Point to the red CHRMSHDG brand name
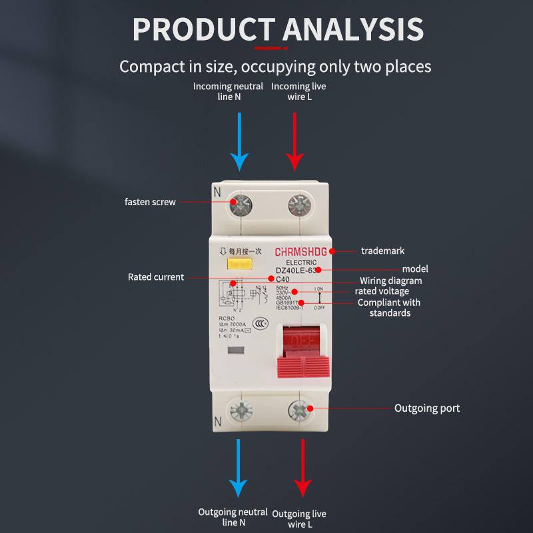pos(301,252)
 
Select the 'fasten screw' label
pos(151,202)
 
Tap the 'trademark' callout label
pos(382,251)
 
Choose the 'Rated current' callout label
pos(156,277)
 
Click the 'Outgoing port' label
pos(427,408)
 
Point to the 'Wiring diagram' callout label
pos(391,280)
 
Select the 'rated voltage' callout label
pos(382,291)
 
